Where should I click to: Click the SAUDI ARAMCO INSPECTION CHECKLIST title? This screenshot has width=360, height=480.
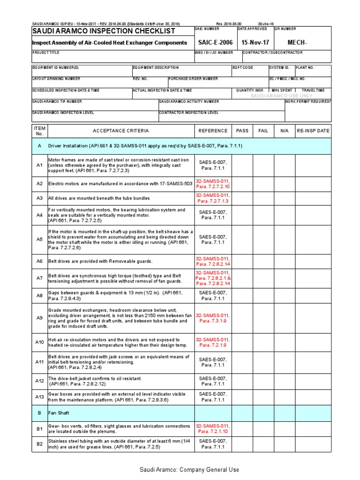103,31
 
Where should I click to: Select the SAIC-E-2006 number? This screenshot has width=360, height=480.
213,43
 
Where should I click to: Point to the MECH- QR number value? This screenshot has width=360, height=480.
297,43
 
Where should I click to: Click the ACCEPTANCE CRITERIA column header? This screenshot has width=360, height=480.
120,131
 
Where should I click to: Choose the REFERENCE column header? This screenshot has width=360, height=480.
213,131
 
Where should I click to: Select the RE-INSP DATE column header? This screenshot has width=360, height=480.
314,131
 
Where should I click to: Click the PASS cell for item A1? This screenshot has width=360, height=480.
242,166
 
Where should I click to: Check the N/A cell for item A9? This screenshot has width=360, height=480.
285,318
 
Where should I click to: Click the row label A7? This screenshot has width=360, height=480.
39,278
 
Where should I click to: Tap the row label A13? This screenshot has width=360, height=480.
39,397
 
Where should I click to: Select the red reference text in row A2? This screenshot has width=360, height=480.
213,184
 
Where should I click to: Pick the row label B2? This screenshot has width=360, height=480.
39,444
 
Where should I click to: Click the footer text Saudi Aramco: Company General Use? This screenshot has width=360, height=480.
189,470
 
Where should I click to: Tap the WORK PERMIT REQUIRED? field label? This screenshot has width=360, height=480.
307,101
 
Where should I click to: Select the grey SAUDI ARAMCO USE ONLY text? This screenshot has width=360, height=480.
281,96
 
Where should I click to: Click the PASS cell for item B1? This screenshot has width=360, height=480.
242,428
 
